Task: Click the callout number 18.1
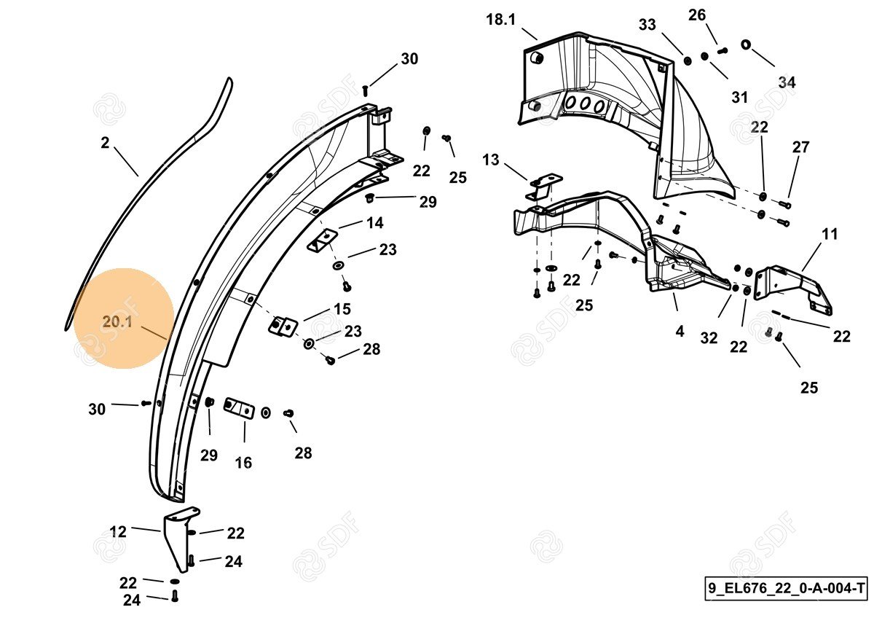click(x=500, y=19)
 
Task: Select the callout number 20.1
click(x=117, y=322)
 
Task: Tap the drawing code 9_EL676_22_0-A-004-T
click(x=786, y=588)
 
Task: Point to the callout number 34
click(x=787, y=82)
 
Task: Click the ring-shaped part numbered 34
click(x=745, y=44)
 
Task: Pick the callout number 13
click(x=490, y=160)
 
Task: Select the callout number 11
click(x=830, y=234)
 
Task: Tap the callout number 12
click(x=118, y=532)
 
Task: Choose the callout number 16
click(x=243, y=463)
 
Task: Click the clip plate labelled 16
click(x=239, y=408)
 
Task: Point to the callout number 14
click(x=375, y=223)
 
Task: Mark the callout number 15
click(x=342, y=309)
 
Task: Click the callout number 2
click(x=105, y=143)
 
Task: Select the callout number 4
click(x=680, y=332)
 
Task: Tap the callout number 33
click(x=647, y=25)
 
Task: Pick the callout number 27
click(x=800, y=147)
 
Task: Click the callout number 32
click(x=709, y=338)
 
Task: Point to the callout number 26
click(x=697, y=15)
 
